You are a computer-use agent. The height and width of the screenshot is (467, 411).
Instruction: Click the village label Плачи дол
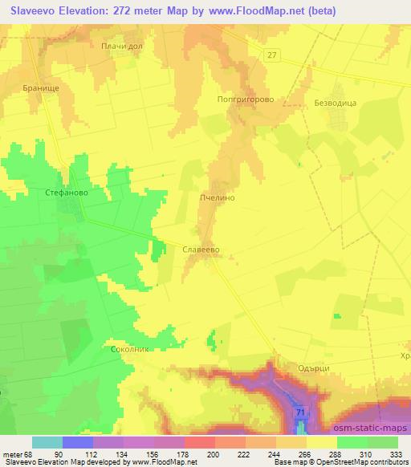(121, 47)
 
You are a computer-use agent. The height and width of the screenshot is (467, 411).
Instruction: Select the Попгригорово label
(240, 100)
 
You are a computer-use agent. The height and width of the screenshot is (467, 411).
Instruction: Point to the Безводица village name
(330, 103)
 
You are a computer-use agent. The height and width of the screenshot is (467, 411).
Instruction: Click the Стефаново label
(66, 193)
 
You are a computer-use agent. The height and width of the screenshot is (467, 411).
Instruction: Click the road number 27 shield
(273, 54)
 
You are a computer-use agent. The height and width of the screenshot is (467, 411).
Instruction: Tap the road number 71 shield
(300, 412)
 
